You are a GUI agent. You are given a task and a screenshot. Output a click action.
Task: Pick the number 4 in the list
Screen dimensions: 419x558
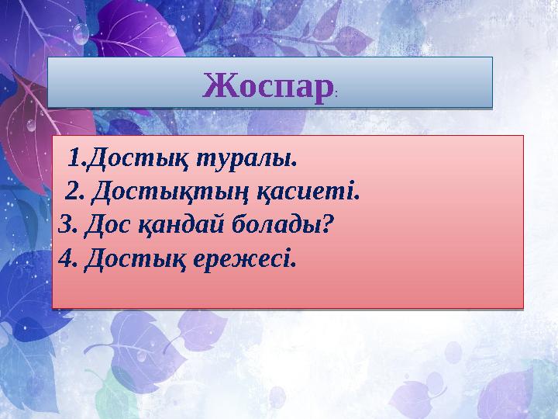point(65,257)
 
